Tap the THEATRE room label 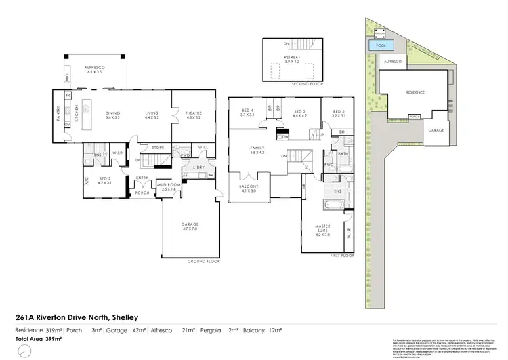185,115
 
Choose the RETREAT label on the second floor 291,59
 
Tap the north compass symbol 24,351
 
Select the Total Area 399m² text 39,338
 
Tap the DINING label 112,115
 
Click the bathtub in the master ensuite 333,201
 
